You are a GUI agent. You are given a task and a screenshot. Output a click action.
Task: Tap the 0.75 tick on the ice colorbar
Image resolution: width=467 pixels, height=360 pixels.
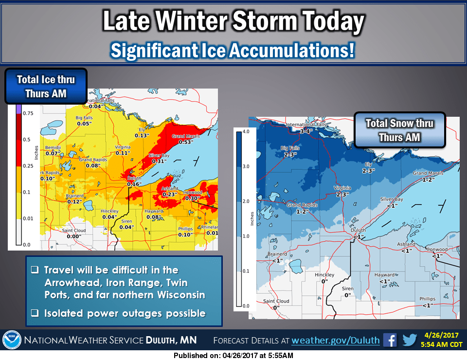point(28,113)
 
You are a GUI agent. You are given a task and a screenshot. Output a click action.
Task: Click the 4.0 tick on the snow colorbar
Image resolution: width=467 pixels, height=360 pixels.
point(246,131)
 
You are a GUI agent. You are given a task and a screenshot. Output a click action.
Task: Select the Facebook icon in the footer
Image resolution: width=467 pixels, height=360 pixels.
point(390,340)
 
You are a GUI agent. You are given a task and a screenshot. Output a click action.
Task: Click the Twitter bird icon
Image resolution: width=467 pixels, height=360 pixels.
point(410,340)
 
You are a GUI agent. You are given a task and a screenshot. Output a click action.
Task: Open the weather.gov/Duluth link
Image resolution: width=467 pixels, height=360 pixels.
point(335,340)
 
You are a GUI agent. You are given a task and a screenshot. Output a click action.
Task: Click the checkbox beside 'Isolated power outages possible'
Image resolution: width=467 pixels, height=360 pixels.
point(35,313)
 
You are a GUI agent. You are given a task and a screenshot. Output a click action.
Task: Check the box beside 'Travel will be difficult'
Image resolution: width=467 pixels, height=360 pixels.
point(35,270)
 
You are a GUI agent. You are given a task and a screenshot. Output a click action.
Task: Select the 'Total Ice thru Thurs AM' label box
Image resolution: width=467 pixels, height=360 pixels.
point(46,86)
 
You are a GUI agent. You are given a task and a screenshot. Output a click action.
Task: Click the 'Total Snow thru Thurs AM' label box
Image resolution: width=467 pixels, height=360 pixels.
point(399,130)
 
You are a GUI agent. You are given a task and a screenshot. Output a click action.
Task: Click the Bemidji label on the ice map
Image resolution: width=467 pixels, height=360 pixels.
point(52,147)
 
